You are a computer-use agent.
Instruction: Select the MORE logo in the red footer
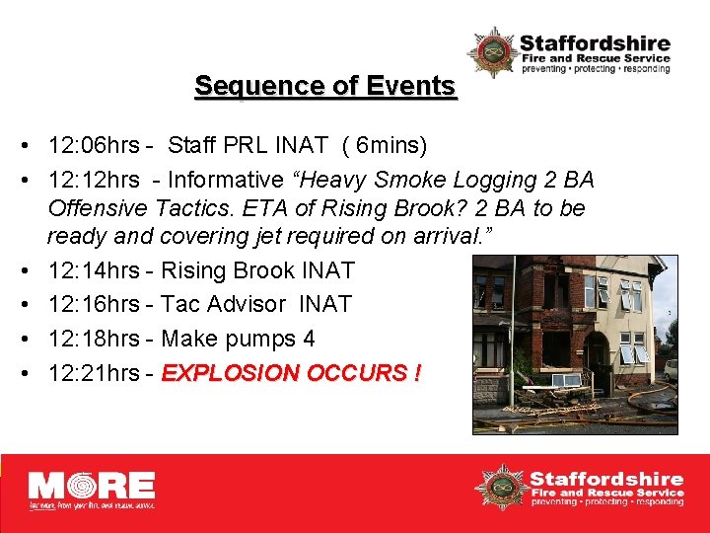click(x=91, y=490)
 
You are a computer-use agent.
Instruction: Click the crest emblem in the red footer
click(x=499, y=488)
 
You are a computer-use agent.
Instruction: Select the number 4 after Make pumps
click(x=309, y=339)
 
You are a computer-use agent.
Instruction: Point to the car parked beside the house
click(x=671, y=369)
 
